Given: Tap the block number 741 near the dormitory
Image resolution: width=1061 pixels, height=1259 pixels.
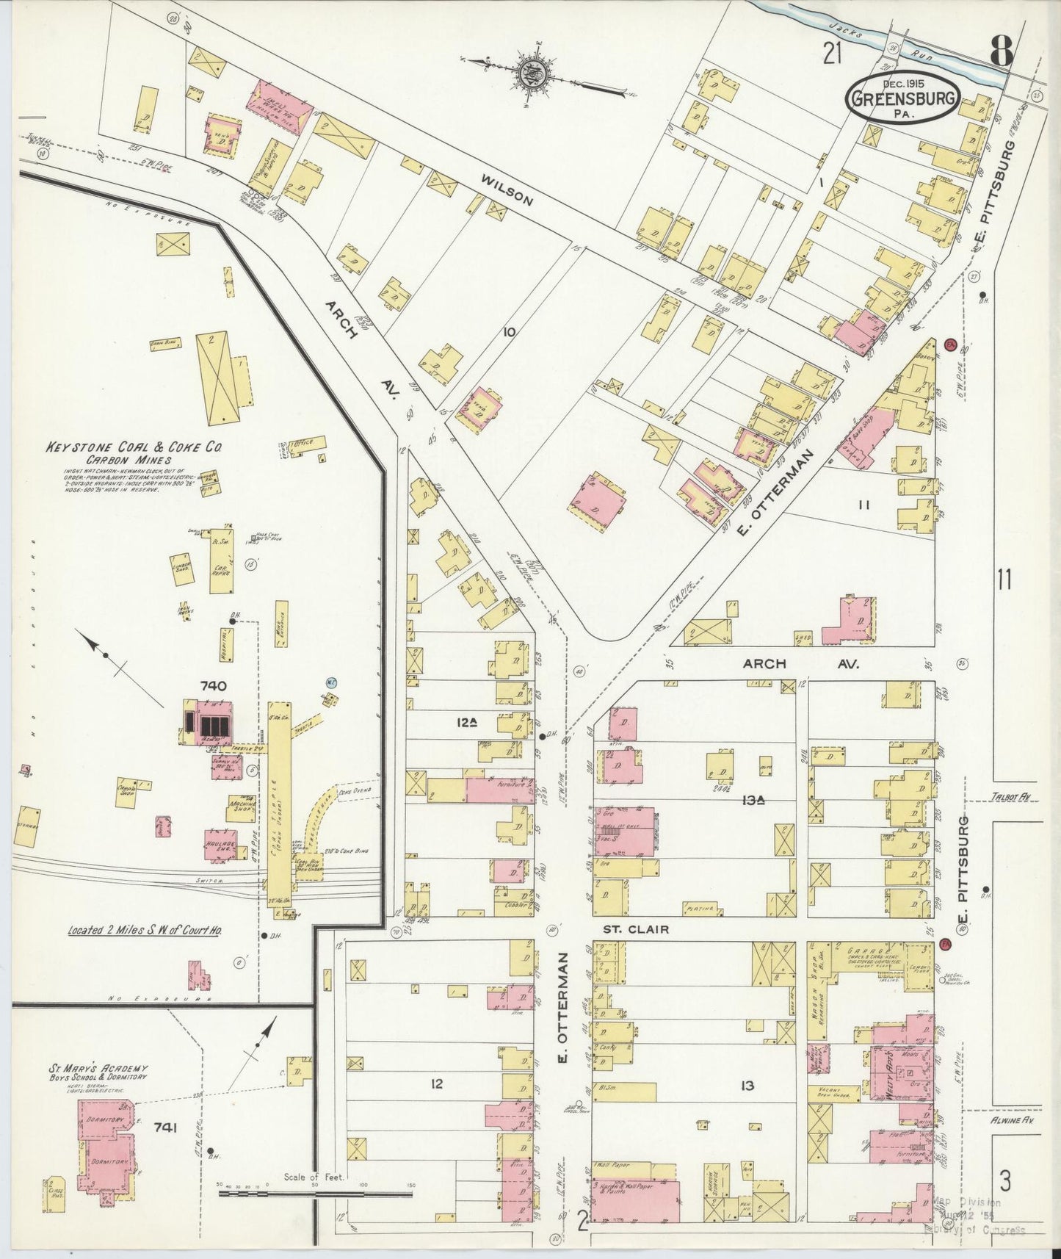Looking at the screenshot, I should coord(167,1125).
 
